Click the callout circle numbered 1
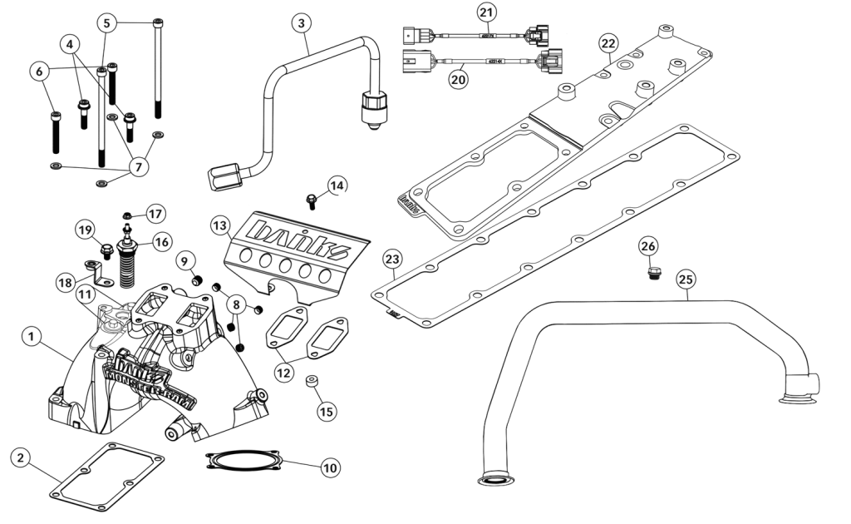point(31,337)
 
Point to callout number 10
point(330,467)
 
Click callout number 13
point(219,225)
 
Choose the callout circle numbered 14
point(335,185)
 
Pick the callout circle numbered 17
point(156,213)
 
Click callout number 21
point(485,12)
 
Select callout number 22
point(608,42)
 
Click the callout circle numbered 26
point(648,245)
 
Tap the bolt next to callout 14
point(312,200)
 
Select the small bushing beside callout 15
point(310,383)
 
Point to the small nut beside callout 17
point(129,215)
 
